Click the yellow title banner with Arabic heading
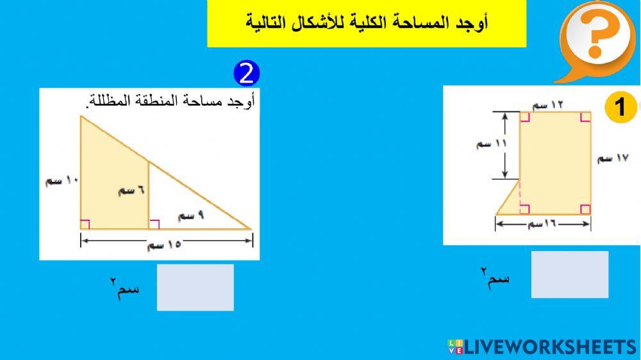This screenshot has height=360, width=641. click(x=367, y=24)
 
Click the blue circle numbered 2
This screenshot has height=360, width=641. click(x=247, y=74)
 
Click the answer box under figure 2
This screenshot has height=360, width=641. click(x=195, y=287)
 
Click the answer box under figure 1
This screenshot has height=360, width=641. click(x=569, y=274)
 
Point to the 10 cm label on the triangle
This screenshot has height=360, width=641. click(x=62, y=181)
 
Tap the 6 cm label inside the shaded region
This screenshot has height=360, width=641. click(x=131, y=191)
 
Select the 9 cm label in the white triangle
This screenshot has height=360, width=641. click(x=191, y=217)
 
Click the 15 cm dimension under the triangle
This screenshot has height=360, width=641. click(x=164, y=245)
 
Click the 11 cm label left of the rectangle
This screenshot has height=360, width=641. click(x=491, y=144)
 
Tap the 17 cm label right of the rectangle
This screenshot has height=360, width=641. click(x=614, y=158)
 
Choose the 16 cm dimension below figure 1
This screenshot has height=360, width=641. click(x=542, y=224)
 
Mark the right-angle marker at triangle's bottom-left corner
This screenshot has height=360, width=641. click(x=85, y=224)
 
